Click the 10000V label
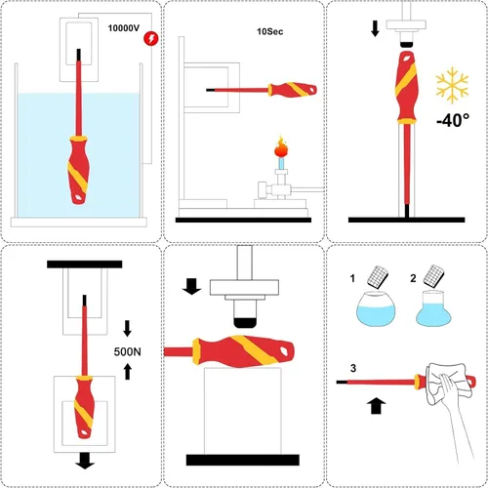[x=124, y=28]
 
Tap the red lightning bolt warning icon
[x=151, y=38]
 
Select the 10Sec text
[x=269, y=31]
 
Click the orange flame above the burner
[x=281, y=148]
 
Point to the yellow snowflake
[x=452, y=85]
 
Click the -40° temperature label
[x=453, y=120]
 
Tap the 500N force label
[x=127, y=351]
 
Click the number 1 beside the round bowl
[x=352, y=278]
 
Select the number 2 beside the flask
[x=413, y=278]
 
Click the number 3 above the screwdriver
[x=353, y=368]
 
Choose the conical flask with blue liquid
[x=433, y=308]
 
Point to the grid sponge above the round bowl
[x=378, y=276]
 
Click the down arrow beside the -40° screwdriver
[x=375, y=28]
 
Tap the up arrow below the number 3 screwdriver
[x=376, y=405]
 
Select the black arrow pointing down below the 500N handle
[x=85, y=462]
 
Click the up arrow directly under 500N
[x=128, y=372]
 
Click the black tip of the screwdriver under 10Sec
[x=210, y=90]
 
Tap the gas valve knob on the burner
[x=262, y=190]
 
